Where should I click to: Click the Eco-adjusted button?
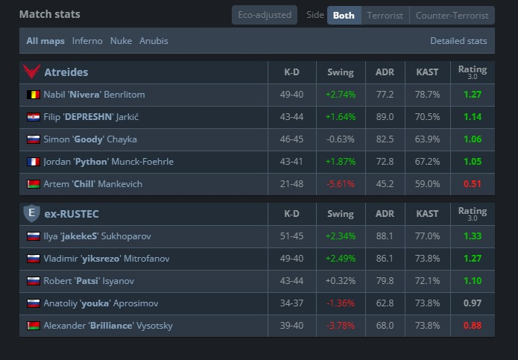coord(265,15)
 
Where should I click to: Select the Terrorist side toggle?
coord(385,16)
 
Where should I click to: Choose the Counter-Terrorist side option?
coord(452,16)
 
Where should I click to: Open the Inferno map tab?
coord(87,41)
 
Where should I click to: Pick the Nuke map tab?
coord(121,41)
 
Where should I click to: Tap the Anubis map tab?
coord(154,41)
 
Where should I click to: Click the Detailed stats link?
coord(458,41)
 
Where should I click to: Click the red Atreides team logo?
coord(32,72)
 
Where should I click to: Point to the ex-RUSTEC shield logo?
coord(32,213)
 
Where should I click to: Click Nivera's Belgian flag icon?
coord(34,95)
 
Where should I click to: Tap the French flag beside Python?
coord(34,162)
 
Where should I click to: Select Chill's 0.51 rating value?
coord(473,184)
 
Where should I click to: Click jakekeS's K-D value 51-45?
coord(291,236)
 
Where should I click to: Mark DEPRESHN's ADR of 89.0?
coord(385,117)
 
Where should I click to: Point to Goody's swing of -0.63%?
coord(341,139)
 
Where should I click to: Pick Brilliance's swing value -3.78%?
coord(341,326)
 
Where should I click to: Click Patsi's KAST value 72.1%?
coord(427,281)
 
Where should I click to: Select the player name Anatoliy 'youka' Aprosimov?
coord(101,303)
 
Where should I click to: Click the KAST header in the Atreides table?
coord(427,72)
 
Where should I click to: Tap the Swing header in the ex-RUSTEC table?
coord(341,214)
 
